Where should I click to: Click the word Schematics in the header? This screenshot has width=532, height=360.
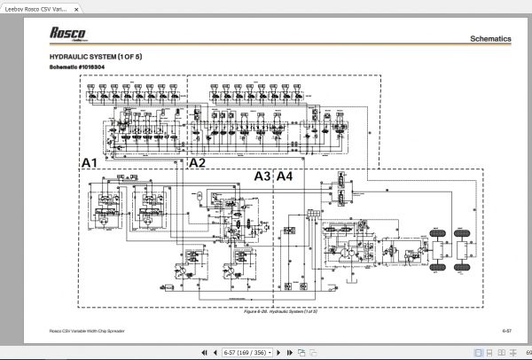pyautogui.click(x=489, y=39)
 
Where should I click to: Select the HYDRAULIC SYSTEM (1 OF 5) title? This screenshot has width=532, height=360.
pyautogui.click(x=96, y=57)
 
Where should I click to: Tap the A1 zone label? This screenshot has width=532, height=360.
pyautogui.click(x=89, y=163)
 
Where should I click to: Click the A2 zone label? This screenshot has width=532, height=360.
pyautogui.click(x=197, y=163)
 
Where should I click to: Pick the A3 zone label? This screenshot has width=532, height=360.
pyautogui.click(x=262, y=176)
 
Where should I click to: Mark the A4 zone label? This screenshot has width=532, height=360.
pyautogui.click(x=284, y=176)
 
